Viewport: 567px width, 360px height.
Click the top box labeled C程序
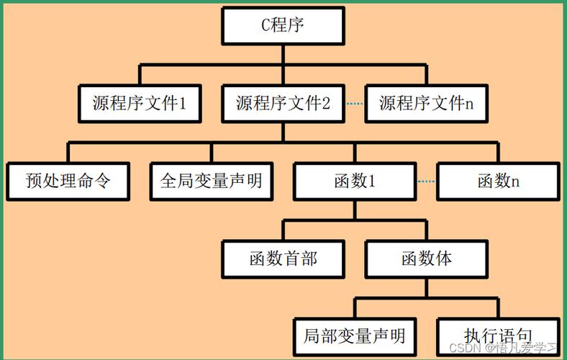pos(283,27)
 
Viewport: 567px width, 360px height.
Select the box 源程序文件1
pos(140,103)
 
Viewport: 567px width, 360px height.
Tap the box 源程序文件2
pos(283,103)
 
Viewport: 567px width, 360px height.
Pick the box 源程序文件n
pos(426,103)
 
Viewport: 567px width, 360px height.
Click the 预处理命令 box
pos(68,180)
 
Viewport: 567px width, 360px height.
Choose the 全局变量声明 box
pos(212,180)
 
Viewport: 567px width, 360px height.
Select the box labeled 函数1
pos(354,180)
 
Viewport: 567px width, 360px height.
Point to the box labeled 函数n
pos(498,180)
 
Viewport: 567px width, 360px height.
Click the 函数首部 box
pos(283,258)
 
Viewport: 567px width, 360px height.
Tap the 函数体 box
pos(426,258)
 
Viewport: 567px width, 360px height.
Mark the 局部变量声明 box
pos(354,336)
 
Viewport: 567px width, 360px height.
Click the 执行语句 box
pos(498,336)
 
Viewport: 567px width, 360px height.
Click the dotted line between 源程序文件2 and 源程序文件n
pos(355,104)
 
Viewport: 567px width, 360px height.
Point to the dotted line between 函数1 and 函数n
pos(426,181)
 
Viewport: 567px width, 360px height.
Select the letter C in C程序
pos(265,27)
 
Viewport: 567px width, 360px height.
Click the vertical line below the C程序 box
pos(283,55)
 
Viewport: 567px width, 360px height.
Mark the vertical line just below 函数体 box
pos(426,286)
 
